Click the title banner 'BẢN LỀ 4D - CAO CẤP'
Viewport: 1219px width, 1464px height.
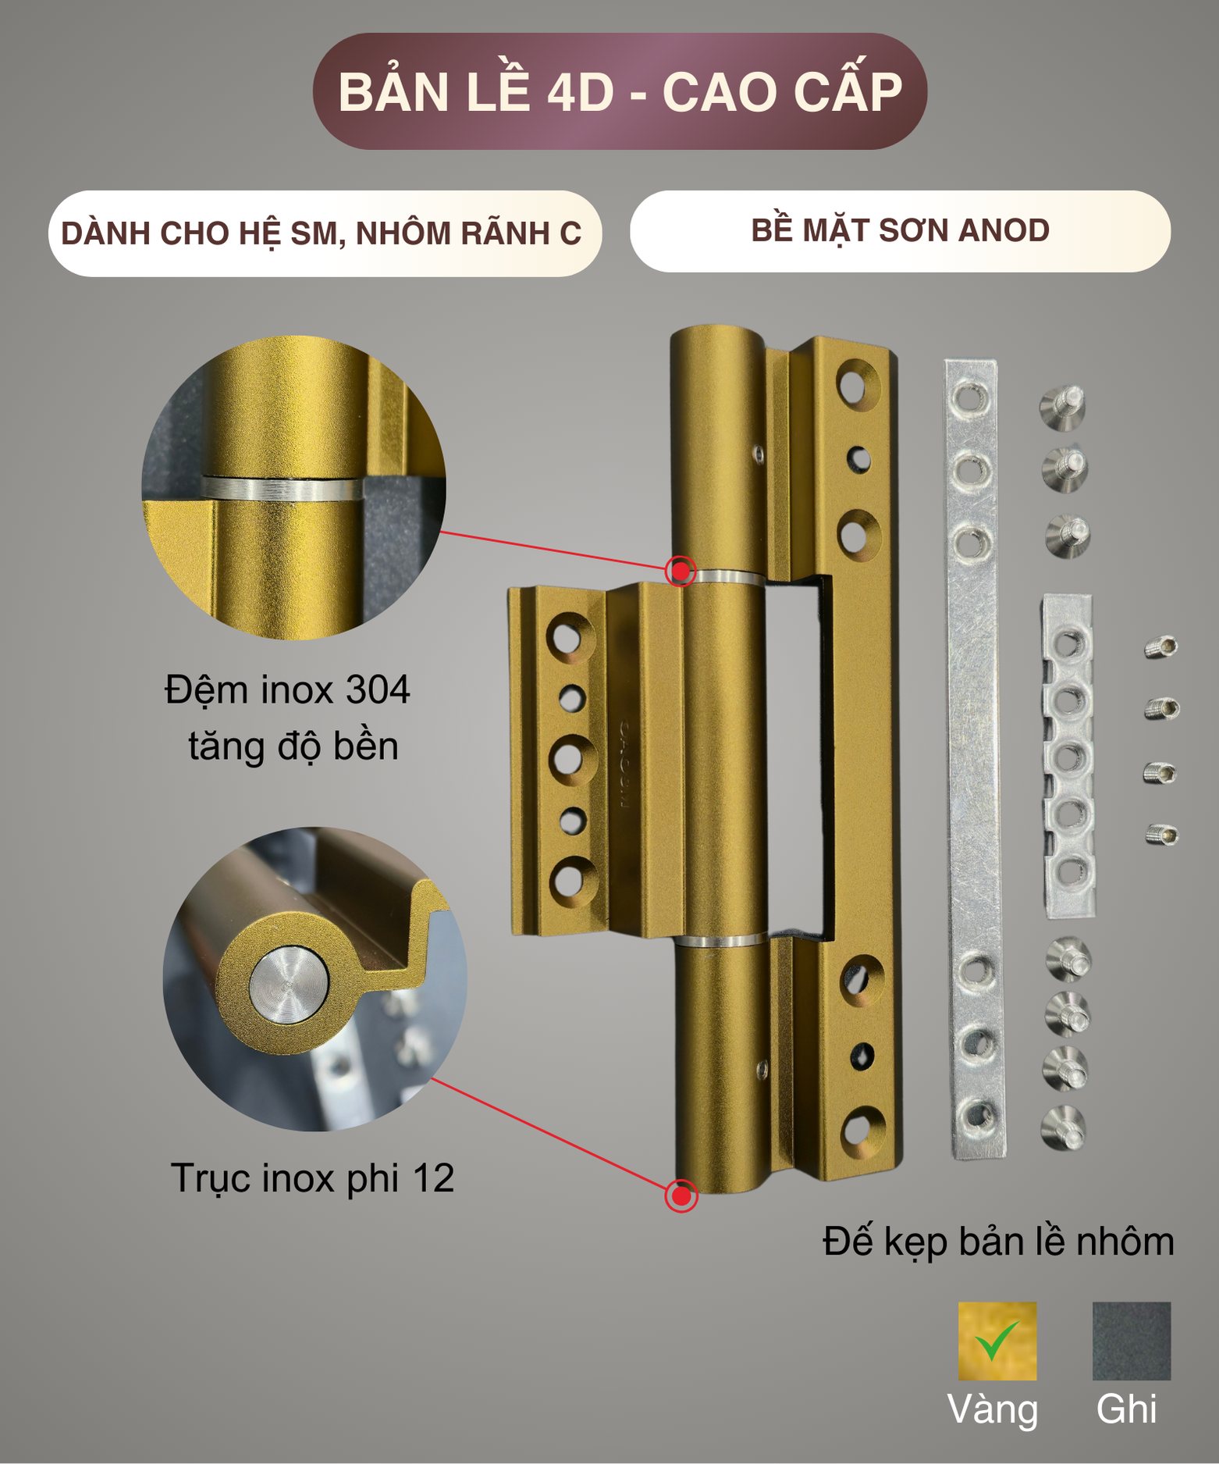tap(620, 91)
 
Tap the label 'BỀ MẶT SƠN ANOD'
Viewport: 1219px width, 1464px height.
tap(900, 231)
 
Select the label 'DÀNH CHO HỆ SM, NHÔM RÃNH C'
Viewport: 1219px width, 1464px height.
tap(322, 233)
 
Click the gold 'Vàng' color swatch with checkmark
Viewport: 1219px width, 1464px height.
tap(997, 1341)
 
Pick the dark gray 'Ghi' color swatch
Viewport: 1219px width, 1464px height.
tap(1131, 1341)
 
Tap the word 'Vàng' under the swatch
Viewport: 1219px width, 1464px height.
tap(993, 1409)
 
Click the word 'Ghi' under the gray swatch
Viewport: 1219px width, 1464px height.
tap(1126, 1409)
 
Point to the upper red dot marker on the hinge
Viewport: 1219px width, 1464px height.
tap(681, 572)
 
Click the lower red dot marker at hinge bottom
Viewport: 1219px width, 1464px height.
tap(681, 1195)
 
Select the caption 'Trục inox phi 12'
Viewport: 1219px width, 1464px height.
tap(312, 1178)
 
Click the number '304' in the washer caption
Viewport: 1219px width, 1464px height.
tap(378, 690)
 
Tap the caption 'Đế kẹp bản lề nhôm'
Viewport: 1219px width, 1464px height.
tap(998, 1241)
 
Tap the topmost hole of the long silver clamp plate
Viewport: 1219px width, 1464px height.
tap(968, 398)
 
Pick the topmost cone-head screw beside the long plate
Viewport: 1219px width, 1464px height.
tap(1063, 406)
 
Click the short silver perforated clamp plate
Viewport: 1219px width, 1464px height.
tap(1068, 756)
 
